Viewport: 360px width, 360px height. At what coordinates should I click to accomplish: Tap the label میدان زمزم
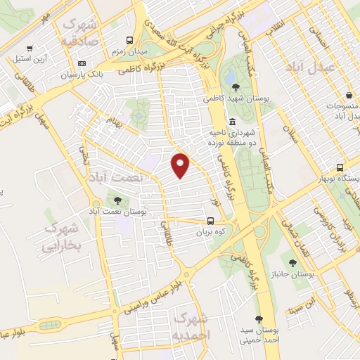click(x=129, y=52)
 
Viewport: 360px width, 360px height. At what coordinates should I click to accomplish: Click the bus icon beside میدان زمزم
click(x=129, y=40)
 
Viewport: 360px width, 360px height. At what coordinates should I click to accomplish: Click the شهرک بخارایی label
click(x=62, y=238)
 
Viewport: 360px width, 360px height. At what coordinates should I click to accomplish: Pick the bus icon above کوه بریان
click(x=210, y=219)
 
